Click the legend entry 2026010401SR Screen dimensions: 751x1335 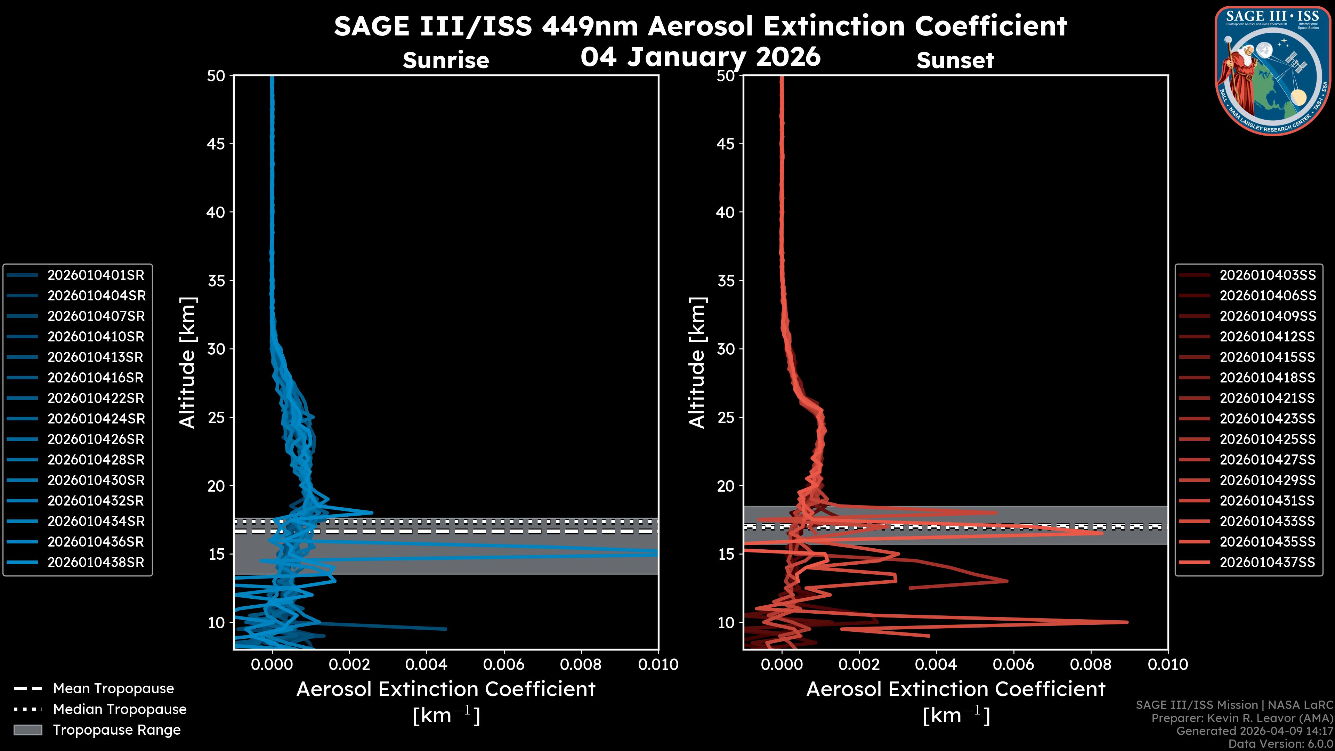click(x=95, y=275)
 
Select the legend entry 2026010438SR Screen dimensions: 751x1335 click(x=95, y=562)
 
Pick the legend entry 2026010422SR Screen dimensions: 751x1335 click(x=95, y=398)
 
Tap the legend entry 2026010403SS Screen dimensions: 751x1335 click(x=1267, y=275)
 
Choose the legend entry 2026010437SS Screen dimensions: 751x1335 click(x=1267, y=562)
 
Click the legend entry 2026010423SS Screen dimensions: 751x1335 click(x=1267, y=418)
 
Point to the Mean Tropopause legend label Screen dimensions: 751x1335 click(x=113, y=688)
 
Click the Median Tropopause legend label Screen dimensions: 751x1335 click(x=120, y=709)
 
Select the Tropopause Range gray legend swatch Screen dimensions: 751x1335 click(x=27, y=730)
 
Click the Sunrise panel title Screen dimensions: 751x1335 click(x=446, y=60)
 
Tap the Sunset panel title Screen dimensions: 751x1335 click(x=955, y=60)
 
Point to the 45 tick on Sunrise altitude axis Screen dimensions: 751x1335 click(x=216, y=144)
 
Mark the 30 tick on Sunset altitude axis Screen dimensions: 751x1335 click(x=726, y=349)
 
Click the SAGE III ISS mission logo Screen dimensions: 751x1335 click(x=1273, y=71)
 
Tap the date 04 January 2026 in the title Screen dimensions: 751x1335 click(x=700, y=56)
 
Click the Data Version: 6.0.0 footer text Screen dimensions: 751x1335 click(x=1280, y=744)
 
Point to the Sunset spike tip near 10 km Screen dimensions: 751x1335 click(x=1127, y=622)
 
